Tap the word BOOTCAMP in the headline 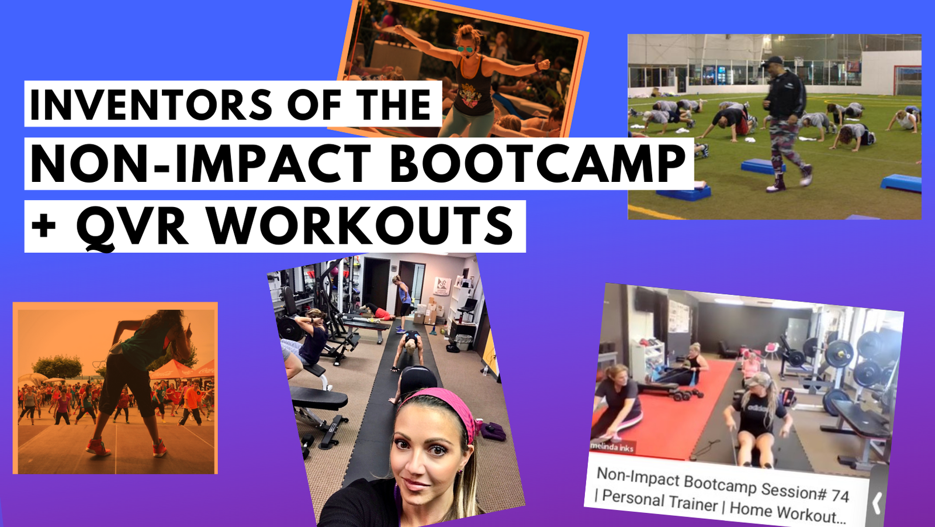(x=537, y=163)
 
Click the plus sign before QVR (x=43, y=226)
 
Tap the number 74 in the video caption (x=839, y=495)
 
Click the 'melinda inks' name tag (x=612, y=447)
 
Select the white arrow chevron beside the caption (x=877, y=503)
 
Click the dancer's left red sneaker (x=98, y=447)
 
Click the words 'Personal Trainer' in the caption (x=660, y=500)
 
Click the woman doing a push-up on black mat (x=407, y=349)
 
